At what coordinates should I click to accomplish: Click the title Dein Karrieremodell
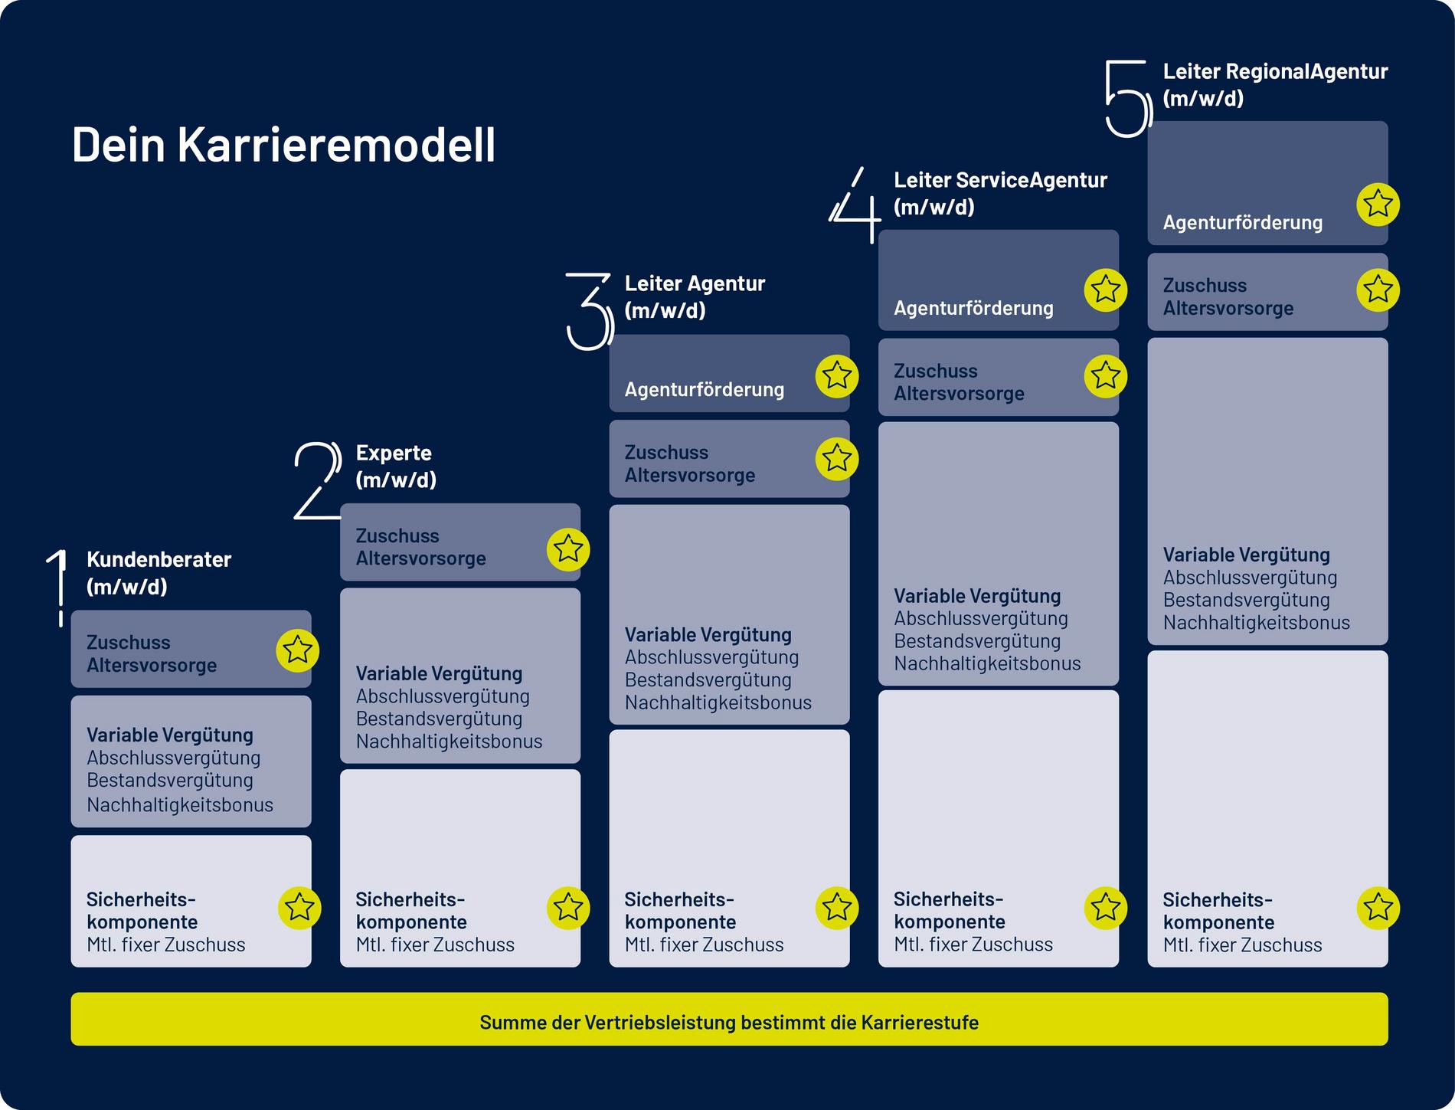[x=283, y=145]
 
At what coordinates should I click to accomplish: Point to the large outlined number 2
[x=318, y=480]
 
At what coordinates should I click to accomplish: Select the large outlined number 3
[x=590, y=312]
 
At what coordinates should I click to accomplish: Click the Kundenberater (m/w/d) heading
[x=159, y=573]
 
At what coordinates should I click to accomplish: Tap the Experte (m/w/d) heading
[x=396, y=467]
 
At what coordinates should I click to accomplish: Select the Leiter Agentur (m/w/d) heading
[x=695, y=296]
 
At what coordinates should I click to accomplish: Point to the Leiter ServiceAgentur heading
[x=1000, y=193]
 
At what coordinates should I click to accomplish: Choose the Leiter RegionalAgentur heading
[x=1275, y=84]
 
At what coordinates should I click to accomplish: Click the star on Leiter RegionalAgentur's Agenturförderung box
[x=1378, y=205]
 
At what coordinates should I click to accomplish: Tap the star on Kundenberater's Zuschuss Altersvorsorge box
[x=297, y=651]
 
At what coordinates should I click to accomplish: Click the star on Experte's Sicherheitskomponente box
[x=568, y=908]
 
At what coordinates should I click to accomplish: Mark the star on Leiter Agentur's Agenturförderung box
[x=837, y=376]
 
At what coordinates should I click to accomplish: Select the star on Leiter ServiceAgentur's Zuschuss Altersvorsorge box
[x=1106, y=375]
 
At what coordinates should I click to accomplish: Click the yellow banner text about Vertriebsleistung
[x=729, y=1023]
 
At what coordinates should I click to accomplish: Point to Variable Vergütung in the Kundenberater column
[x=170, y=735]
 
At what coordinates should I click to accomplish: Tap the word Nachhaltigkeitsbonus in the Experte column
[x=449, y=742]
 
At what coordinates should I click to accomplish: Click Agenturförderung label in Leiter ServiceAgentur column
[x=973, y=308]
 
